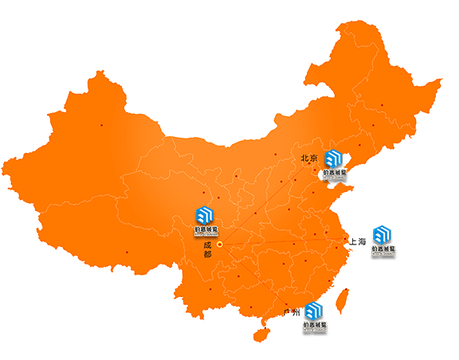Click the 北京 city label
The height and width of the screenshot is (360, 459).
(309, 158)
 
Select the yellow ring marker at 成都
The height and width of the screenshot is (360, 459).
(219, 245)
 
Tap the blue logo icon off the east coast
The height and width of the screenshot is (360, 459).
(383, 234)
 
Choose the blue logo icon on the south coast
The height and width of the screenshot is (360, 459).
(314, 311)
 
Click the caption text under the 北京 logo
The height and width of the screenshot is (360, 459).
(335, 172)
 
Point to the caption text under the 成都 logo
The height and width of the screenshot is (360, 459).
(206, 230)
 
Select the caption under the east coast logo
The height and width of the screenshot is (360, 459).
(383, 249)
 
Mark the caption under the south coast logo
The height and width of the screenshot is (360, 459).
(314, 326)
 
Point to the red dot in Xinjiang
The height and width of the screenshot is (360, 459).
(102, 125)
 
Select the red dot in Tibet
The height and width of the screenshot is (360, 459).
(127, 252)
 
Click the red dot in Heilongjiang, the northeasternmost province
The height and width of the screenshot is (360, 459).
(382, 104)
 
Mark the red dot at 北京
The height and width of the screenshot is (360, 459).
(310, 165)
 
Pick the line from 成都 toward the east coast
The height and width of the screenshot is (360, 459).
(295, 241)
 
